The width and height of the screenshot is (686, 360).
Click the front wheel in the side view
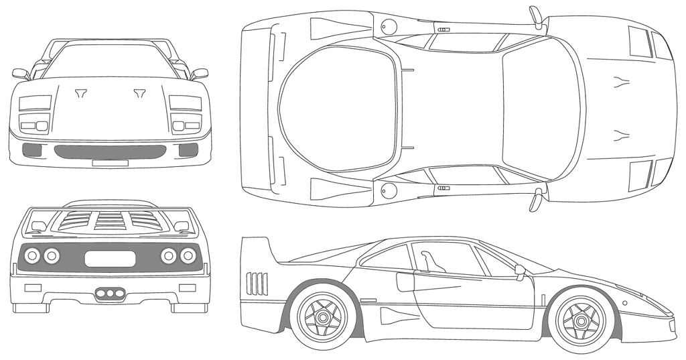click(581, 320)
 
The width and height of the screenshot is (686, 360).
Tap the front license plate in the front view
click(110, 162)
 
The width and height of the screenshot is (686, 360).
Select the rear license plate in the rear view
click(110, 258)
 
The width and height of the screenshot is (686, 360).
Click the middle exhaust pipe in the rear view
click(110, 293)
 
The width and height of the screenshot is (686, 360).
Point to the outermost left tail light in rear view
click(30, 255)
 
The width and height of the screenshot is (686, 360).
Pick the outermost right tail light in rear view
click(190, 255)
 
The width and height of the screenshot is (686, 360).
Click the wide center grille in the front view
click(111, 151)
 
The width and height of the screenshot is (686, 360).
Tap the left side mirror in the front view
click(21, 73)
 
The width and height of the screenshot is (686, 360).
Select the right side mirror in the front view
click(199, 73)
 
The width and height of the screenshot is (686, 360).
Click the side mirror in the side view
click(520, 270)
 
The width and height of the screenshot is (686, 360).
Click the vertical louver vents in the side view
click(257, 283)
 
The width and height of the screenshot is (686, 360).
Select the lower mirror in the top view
click(536, 200)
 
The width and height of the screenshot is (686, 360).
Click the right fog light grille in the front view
click(188, 150)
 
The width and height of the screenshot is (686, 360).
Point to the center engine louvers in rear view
click(109, 221)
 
